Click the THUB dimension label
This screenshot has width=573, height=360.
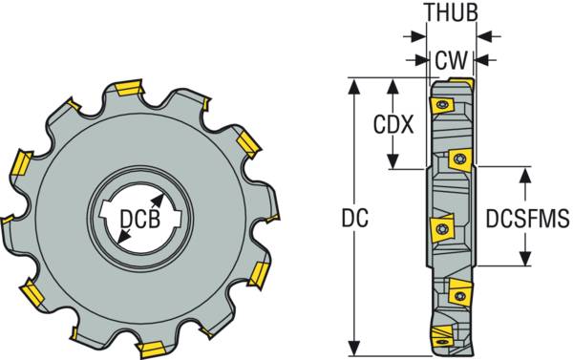click(452, 12)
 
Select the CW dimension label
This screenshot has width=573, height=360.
click(452, 60)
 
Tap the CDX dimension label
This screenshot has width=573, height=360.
click(393, 124)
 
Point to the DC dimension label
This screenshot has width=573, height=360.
click(355, 218)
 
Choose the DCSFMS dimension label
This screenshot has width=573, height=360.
click(527, 218)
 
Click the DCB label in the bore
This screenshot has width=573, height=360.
click(140, 220)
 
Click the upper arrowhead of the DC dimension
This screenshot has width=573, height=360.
click(353, 87)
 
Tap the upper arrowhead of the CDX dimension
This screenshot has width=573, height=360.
click(393, 87)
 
